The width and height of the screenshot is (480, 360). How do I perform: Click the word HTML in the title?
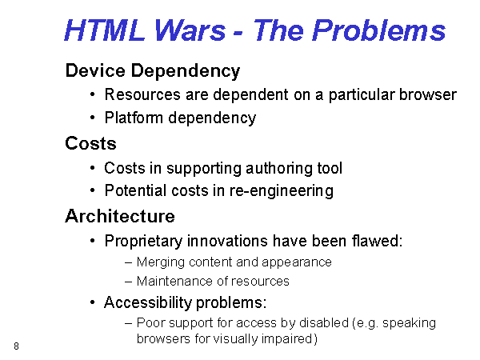(x=104, y=30)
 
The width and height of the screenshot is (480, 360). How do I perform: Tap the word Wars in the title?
(x=190, y=30)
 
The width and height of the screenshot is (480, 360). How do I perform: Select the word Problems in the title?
(x=378, y=30)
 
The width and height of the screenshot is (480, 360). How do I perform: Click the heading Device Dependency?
(x=153, y=71)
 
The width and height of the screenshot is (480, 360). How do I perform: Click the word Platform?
(x=134, y=118)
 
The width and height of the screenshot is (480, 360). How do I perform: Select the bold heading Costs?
(x=90, y=143)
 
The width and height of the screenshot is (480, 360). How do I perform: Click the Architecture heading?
(x=120, y=216)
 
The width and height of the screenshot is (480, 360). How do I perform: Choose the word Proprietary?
(x=143, y=242)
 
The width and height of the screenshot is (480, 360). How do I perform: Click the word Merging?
(x=161, y=262)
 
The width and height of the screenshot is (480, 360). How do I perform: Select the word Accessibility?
(x=148, y=302)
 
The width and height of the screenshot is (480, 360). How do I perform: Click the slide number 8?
(x=16, y=346)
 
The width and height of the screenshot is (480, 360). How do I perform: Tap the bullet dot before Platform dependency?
(x=93, y=118)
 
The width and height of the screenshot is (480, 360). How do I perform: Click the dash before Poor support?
(x=129, y=323)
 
